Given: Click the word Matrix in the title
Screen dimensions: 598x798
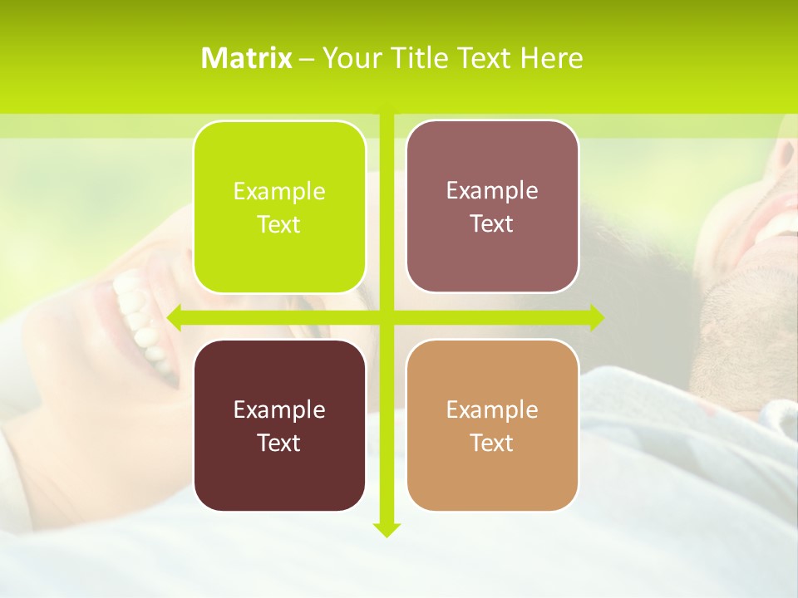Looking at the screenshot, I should point(247,58).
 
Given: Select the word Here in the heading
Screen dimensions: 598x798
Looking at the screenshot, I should point(552,58).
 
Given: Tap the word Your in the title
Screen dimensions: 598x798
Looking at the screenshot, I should point(349,58).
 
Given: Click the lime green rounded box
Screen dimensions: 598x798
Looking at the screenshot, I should point(279,207).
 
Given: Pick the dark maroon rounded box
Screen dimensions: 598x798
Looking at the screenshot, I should point(279,425).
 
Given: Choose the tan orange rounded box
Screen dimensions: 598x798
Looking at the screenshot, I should point(492,425).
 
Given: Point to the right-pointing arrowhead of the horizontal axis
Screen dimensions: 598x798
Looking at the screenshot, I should point(596,317).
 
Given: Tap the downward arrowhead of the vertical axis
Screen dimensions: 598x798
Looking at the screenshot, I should point(387,529).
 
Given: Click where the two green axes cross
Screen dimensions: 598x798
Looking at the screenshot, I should point(387,317).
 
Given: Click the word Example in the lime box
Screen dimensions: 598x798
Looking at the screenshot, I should point(279,191).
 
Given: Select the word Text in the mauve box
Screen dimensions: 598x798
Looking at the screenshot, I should point(492,223).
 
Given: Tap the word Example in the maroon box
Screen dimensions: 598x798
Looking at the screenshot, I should point(279,409).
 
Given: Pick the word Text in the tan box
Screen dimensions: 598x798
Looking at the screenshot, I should point(492,443).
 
